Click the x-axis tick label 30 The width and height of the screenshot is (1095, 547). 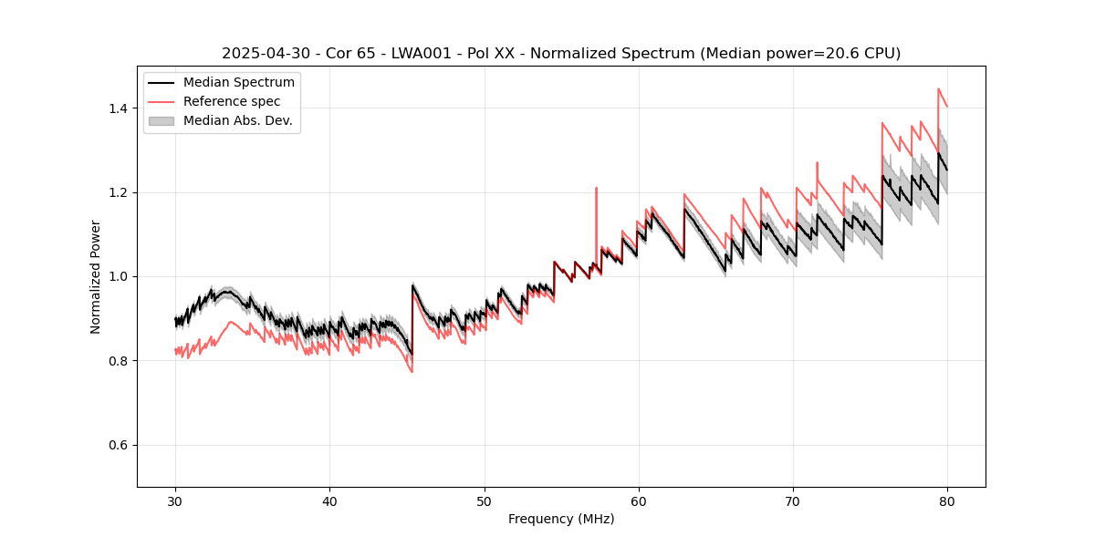pyautogui.click(x=175, y=501)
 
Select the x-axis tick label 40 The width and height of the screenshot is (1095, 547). pyautogui.click(x=329, y=501)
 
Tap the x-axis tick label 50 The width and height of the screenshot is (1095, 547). pyautogui.click(x=485, y=501)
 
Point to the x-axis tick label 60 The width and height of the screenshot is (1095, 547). pyautogui.click(x=639, y=501)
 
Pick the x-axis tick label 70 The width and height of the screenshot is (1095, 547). pyautogui.click(x=793, y=501)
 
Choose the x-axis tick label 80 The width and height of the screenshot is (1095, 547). pyautogui.click(x=947, y=501)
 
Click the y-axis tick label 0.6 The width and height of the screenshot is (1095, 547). pyautogui.click(x=118, y=445)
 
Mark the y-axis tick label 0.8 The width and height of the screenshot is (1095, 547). pyautogui.click(x=118, y=361)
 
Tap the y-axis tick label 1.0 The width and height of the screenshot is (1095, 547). pyautogui.click(x=118, y=276)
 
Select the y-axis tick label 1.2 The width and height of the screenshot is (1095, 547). pyautogui.click(x=118, y=192)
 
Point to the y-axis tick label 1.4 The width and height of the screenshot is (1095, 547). pyautogui.click(x=118, y=108)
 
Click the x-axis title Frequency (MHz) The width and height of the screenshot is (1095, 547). pyautogui.click(x=561, y=519)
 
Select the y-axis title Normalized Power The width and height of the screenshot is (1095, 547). pyautogui.click(x=96, y=276)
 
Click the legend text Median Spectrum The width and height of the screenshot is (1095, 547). pyautogui.click(x=238, y=83)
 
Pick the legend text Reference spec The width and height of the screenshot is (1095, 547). pyautogui.click(x=232, y=101)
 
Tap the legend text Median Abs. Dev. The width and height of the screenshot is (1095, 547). pyautogui.click(x=237, y=120)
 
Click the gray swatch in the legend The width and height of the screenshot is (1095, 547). pyautogui.click(x=163, y=120)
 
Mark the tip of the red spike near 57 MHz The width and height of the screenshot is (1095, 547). pyautogui.click(x=596, y=188)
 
